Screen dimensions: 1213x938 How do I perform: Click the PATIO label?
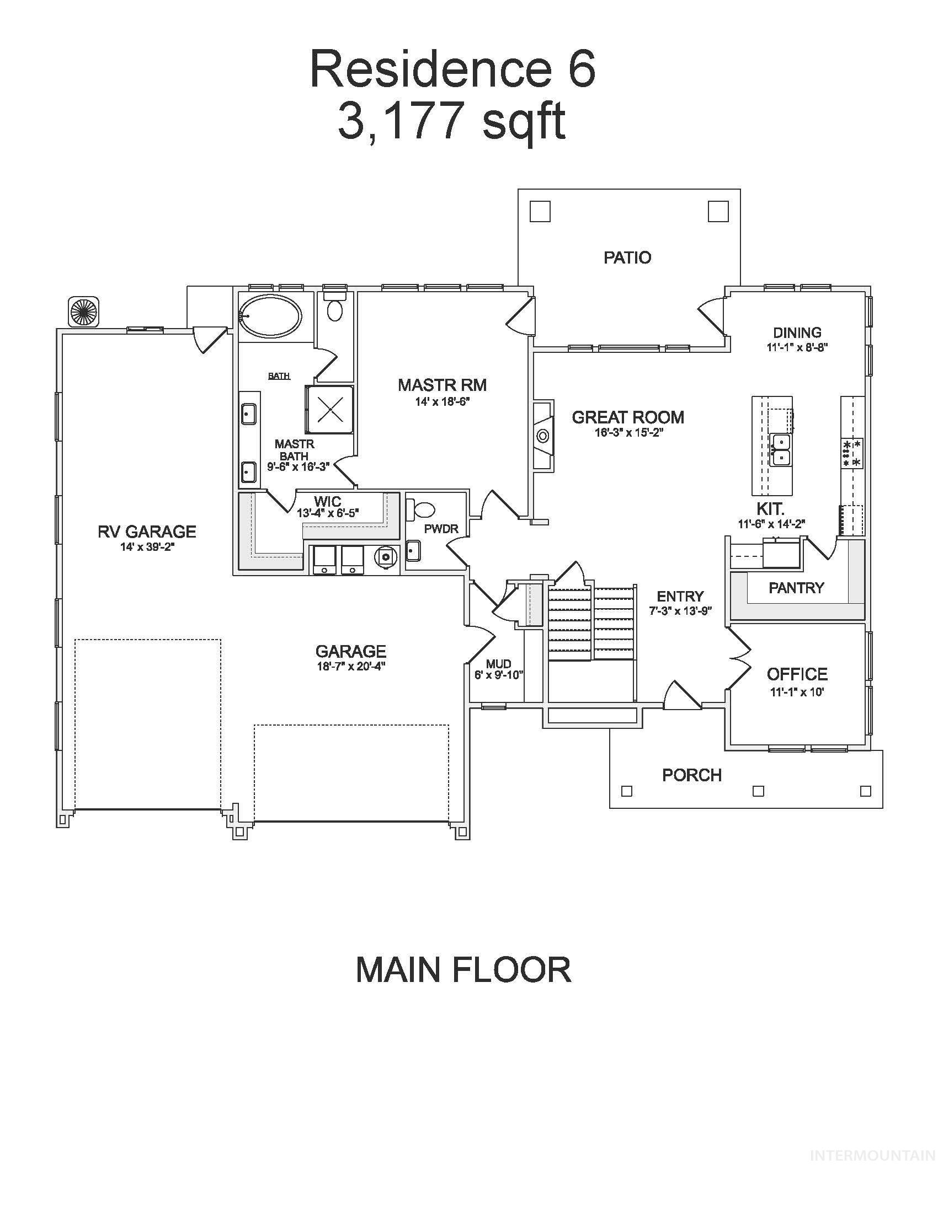pos(627,257)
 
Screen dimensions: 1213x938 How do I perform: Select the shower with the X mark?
pos(329,409)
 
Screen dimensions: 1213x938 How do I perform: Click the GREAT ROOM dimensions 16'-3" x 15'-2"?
pos(628,433)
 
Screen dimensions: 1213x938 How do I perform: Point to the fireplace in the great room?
pos(542,436)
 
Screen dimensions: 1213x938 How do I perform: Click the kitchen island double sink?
pos(780,449)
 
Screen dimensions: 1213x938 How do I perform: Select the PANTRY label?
pos(796,588)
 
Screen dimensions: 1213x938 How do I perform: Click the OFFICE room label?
pos(797,674)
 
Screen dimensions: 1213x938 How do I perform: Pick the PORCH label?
pos(692,775)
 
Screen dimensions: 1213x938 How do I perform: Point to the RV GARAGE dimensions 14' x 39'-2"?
pos(147,547)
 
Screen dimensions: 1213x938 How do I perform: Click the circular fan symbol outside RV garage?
pos(84,312)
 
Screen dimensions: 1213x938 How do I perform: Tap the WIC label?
pos(327,503)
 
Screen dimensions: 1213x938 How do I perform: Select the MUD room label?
pos(498,664)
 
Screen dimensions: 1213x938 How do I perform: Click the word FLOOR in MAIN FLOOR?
pos(512,970)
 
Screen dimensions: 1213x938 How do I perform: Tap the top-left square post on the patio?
pos(540,212)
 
